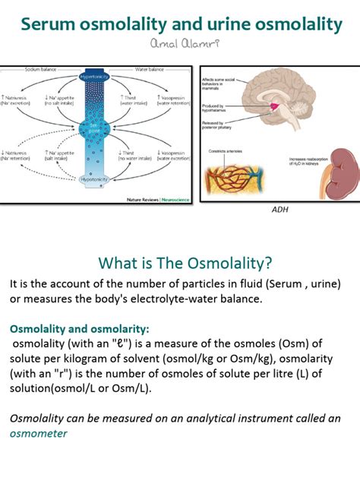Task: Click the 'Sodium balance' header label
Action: (x=40, y=69)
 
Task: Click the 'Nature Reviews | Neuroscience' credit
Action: (x=159, y=200)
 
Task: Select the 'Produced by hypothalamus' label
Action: (x=220, y=109)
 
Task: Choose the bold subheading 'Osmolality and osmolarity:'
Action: (x=80, y=329)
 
